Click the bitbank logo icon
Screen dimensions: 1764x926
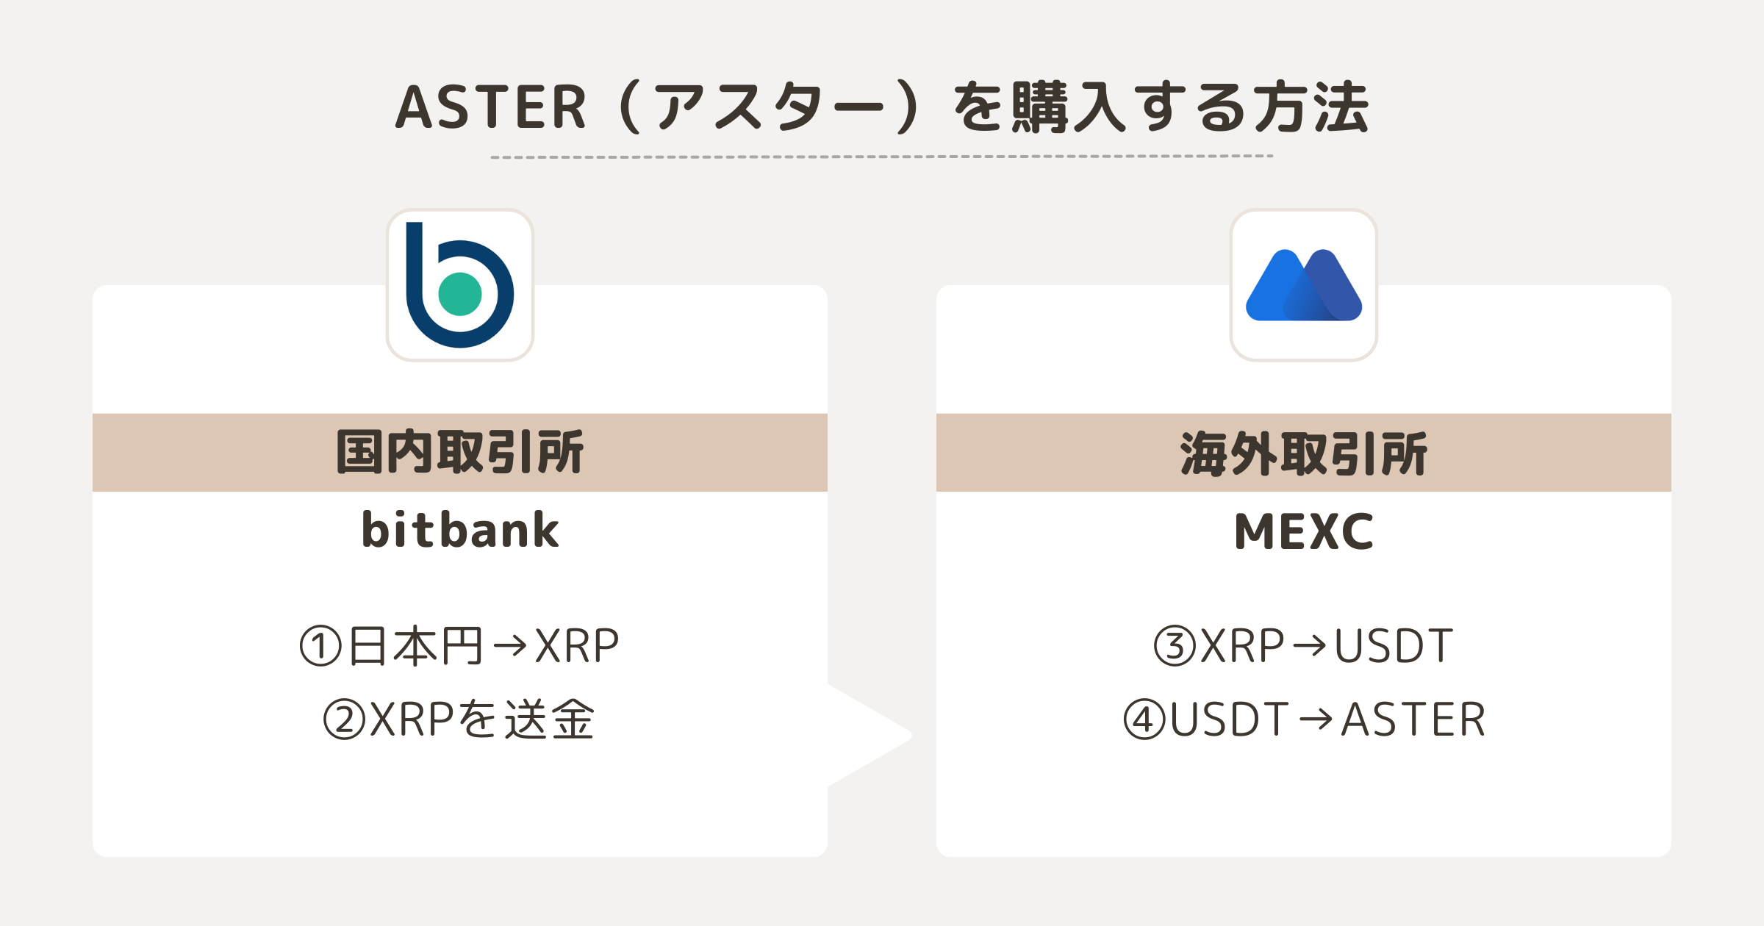[460, 285]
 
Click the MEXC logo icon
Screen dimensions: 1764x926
[1304, 285]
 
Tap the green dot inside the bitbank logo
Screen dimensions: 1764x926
[460, 294]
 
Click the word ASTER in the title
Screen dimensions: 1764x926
[491, 107]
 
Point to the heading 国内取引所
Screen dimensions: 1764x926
[460, 452]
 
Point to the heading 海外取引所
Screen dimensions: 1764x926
[1304, 453]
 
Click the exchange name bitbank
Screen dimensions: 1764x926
[460, 530]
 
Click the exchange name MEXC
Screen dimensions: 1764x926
[1304, 531]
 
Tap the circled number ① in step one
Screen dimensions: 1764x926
[321, 647]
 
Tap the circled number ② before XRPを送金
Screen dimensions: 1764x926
[345, 719]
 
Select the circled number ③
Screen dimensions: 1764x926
[1175, 646]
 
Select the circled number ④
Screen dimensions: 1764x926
[1145, 719]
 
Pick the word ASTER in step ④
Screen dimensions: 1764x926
[1413, 719]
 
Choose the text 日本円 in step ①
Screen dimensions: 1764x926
[415, 647]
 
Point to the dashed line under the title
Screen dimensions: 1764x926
[882, 157]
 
